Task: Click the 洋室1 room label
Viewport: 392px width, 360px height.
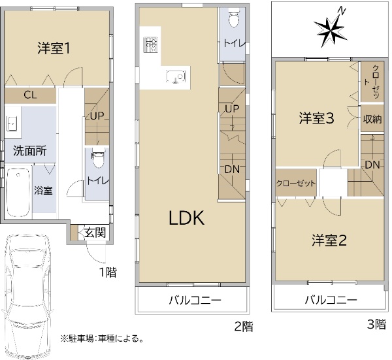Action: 54,48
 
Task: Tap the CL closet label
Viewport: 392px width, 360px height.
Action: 30,95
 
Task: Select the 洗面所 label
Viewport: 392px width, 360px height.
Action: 30,151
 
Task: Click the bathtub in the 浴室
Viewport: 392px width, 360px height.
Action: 18,193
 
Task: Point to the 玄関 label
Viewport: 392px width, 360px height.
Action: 95,233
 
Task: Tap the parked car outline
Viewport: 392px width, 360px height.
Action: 27,296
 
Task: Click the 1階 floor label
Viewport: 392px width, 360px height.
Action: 108,272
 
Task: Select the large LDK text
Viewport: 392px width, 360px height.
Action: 187,218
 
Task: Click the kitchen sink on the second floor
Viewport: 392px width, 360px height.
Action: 176,76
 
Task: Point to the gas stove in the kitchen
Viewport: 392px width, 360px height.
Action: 150,44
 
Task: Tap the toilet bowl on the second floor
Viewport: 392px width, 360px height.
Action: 234,19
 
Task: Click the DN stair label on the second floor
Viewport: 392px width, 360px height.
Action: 232,169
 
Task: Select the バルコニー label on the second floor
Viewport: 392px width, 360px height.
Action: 195,300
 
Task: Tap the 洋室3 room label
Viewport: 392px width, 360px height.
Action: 316,118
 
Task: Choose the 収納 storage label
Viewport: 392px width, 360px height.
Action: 372,120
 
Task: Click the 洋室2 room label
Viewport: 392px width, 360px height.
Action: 329,240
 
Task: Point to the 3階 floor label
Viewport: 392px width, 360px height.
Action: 376,325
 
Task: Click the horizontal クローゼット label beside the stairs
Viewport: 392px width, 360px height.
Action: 296,184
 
